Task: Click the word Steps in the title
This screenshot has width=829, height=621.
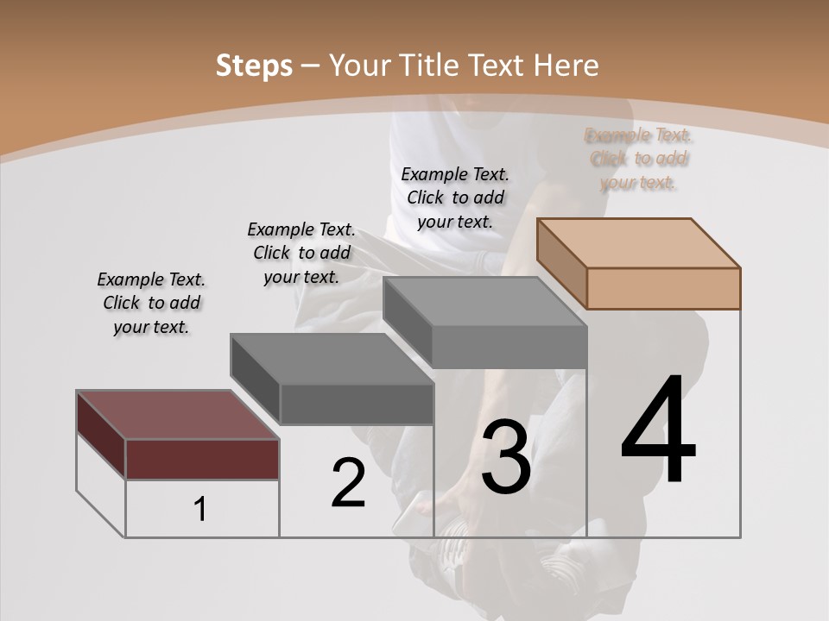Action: pos(254,66)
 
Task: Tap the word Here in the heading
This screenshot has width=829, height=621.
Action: pos(566,66)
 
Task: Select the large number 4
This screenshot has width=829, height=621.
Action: pos(658,431)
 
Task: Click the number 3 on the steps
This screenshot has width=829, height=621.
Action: pos(506,457)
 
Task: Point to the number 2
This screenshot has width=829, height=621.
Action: pos(348,483)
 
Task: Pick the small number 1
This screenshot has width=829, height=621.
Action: pos(200,510)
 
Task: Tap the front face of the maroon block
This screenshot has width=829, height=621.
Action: pos(202,459)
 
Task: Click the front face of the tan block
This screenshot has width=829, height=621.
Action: pos(663,288)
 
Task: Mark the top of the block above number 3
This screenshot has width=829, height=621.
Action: pos(484,301)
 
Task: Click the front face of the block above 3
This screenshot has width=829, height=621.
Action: pos(509,348)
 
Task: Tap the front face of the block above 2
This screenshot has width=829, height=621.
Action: pos(357,404)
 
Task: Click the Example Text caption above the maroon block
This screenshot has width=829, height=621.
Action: pos(151,303)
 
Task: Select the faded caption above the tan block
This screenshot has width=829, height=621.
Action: pos(638,159)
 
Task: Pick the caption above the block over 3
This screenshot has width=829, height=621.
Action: pos(455,198)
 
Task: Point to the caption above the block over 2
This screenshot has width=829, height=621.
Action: pos(301,253)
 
